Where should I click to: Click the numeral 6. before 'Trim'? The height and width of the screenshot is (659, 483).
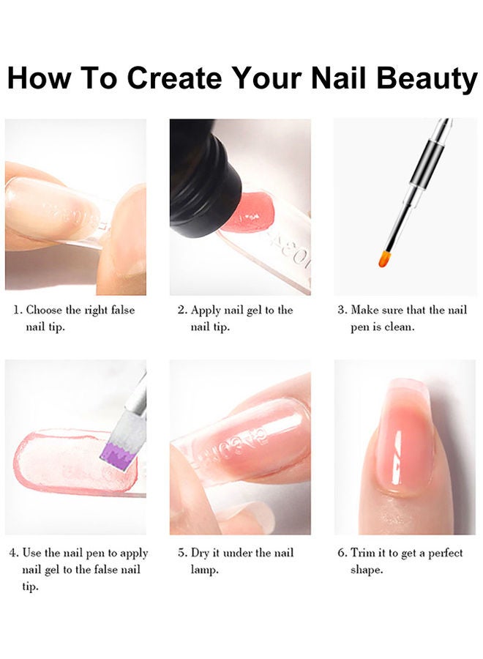click(342, 553)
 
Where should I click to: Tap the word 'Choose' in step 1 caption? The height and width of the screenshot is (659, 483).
click(44, 310)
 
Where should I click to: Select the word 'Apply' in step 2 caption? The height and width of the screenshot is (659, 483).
click(206, 310)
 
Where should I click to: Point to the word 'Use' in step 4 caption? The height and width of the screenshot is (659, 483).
click(31, 553)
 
